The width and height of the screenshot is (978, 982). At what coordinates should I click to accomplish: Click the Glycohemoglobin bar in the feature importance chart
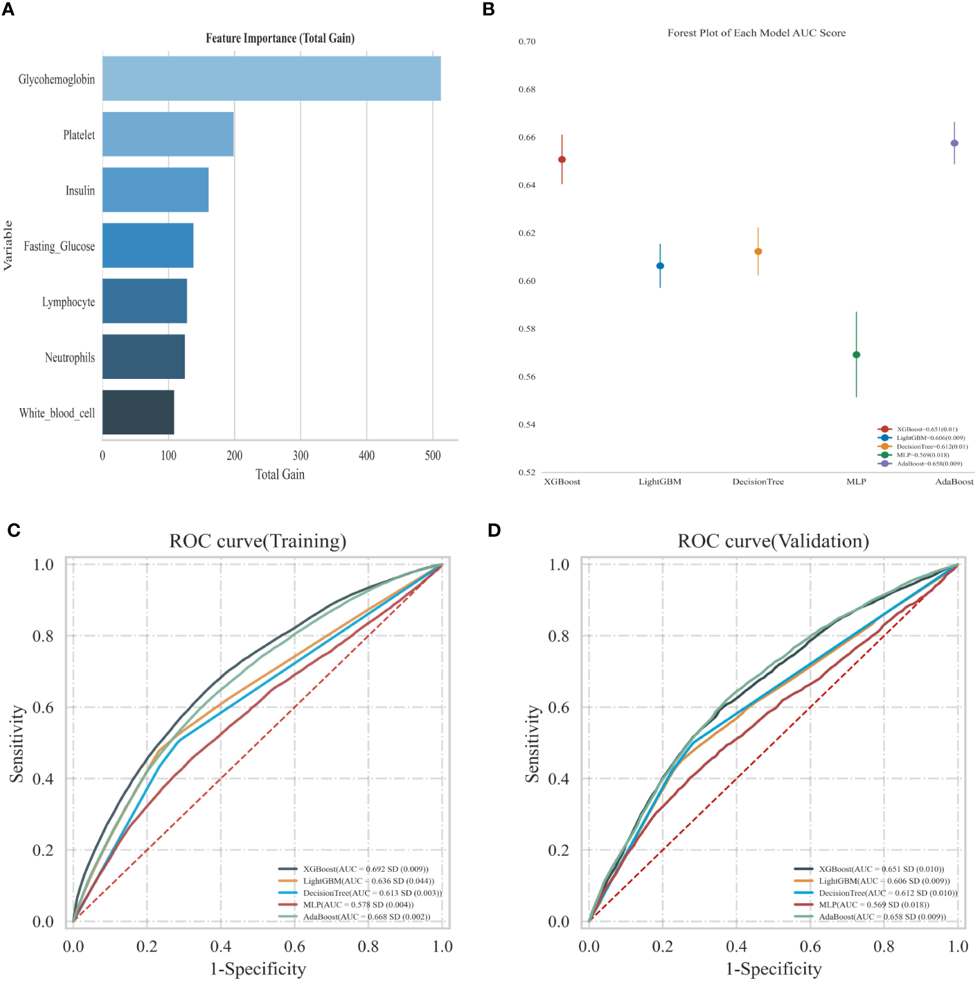271,78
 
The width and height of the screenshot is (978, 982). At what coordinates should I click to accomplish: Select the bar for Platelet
168,134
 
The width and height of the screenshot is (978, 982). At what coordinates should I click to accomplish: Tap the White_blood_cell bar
138,413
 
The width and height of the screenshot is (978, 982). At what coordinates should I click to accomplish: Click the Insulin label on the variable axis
80,190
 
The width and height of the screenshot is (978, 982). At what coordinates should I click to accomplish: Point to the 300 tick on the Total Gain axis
301,455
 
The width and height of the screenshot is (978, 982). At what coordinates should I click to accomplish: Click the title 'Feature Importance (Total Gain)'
280,38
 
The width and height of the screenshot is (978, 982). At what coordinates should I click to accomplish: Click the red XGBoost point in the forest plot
562,160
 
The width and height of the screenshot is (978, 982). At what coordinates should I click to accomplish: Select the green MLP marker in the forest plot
856,355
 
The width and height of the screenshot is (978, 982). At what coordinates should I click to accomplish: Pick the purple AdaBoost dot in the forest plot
954,143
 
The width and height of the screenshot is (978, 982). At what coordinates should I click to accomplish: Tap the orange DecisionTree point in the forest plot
758,252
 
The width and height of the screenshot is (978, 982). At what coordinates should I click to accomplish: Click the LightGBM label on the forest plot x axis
660,482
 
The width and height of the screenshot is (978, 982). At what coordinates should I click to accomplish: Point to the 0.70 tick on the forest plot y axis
527,41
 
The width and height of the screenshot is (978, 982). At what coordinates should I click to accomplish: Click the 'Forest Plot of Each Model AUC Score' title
756,33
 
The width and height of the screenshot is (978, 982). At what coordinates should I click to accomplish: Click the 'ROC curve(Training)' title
258,541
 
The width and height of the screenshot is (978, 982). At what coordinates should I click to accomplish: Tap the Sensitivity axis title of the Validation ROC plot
532,743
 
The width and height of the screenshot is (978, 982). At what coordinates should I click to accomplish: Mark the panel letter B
489,10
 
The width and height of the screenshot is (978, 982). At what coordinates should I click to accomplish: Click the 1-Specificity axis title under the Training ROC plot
258,969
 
